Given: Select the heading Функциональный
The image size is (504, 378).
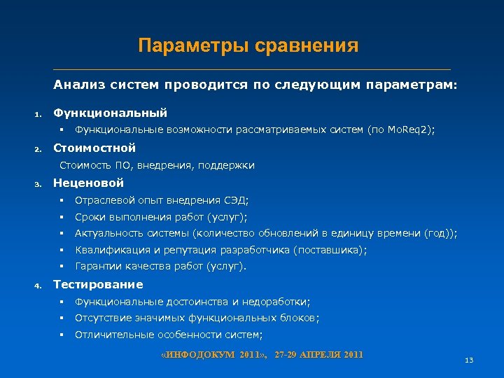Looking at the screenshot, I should click(111, 112).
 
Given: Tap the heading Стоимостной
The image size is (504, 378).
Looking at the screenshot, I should click(94, 148).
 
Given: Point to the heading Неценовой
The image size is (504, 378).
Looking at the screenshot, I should click(89, 183).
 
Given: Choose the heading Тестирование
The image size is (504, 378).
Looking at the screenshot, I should click(98, 284).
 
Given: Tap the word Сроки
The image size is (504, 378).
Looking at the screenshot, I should click(90, 217).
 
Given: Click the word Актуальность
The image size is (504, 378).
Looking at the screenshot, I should click(109, 234).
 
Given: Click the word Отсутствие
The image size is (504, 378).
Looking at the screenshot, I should click(101, 318).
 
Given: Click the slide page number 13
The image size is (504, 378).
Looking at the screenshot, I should click(469, 360).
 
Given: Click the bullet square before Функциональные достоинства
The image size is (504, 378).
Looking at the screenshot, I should click(62, 302).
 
